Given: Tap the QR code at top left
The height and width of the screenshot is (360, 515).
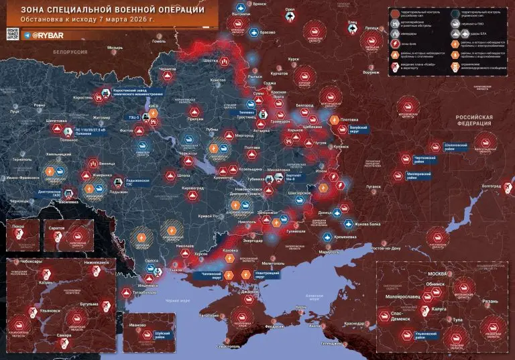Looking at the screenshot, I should pyautogui.click(x=12, y=34).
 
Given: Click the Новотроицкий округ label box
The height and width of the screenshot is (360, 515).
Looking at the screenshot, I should pyautogui.click(x=266, y=275).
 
